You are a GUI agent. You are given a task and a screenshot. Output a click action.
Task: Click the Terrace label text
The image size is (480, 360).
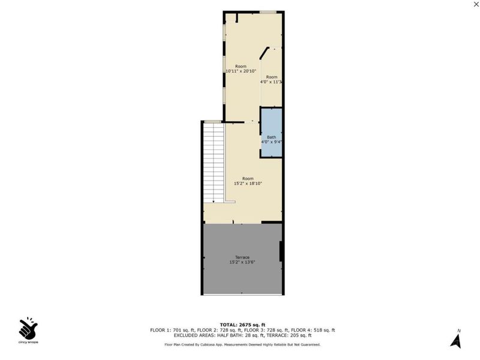click(x=242, y=257)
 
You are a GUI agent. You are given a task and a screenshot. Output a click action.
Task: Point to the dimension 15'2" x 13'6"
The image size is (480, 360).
click(x=242, y=262)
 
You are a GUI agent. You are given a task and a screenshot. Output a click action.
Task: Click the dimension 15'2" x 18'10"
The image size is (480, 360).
click(x=248, y=184)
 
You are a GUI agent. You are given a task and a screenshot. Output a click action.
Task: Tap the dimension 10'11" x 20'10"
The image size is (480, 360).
click(x=241, y=71)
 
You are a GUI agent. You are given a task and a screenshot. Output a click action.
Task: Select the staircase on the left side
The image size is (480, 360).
click(x=214, y=162)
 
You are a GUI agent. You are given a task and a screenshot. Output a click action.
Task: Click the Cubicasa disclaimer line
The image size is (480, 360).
click(x=242, y=344)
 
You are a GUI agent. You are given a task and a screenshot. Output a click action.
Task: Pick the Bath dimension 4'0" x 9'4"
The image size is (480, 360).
click(x=271, y=142)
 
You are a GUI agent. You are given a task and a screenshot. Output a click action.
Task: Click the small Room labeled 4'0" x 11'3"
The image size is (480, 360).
click(x=272, y=79)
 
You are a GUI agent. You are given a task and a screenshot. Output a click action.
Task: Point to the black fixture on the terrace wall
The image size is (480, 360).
click(x=281, y=251)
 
